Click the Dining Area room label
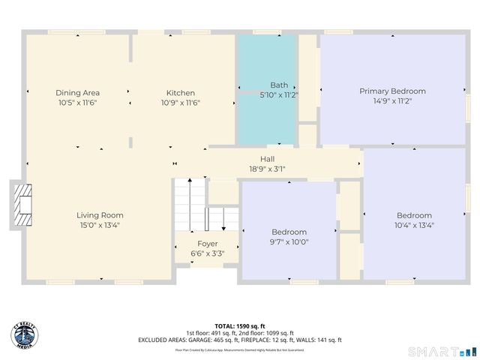pos(78,92)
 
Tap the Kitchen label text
pos(181,92)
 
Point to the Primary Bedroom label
pos(387,91)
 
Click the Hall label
pos(267,159)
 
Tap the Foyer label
pos(207,244)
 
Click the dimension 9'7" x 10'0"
pos(289,241)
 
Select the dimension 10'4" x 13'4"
pos(414,225)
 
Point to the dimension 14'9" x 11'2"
pos(387,100)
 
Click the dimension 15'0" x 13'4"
pos(100,224)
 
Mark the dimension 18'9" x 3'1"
pos(267,169)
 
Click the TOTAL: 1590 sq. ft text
pos(240,326)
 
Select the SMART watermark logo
pos(442,351)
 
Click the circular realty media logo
pos(25,335)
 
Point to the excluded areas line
pos(240,340)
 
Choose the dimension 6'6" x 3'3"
pos(207,253)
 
